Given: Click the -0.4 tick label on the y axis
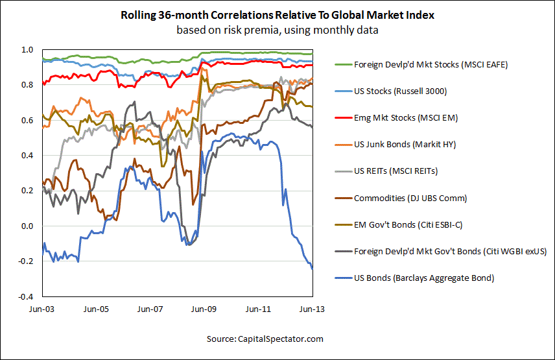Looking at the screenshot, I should pos(24,296).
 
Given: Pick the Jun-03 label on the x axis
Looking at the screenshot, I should pos(43,309).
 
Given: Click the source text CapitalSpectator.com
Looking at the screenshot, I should pos(265,339).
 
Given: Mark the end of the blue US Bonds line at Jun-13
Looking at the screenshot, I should pos(312,268).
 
